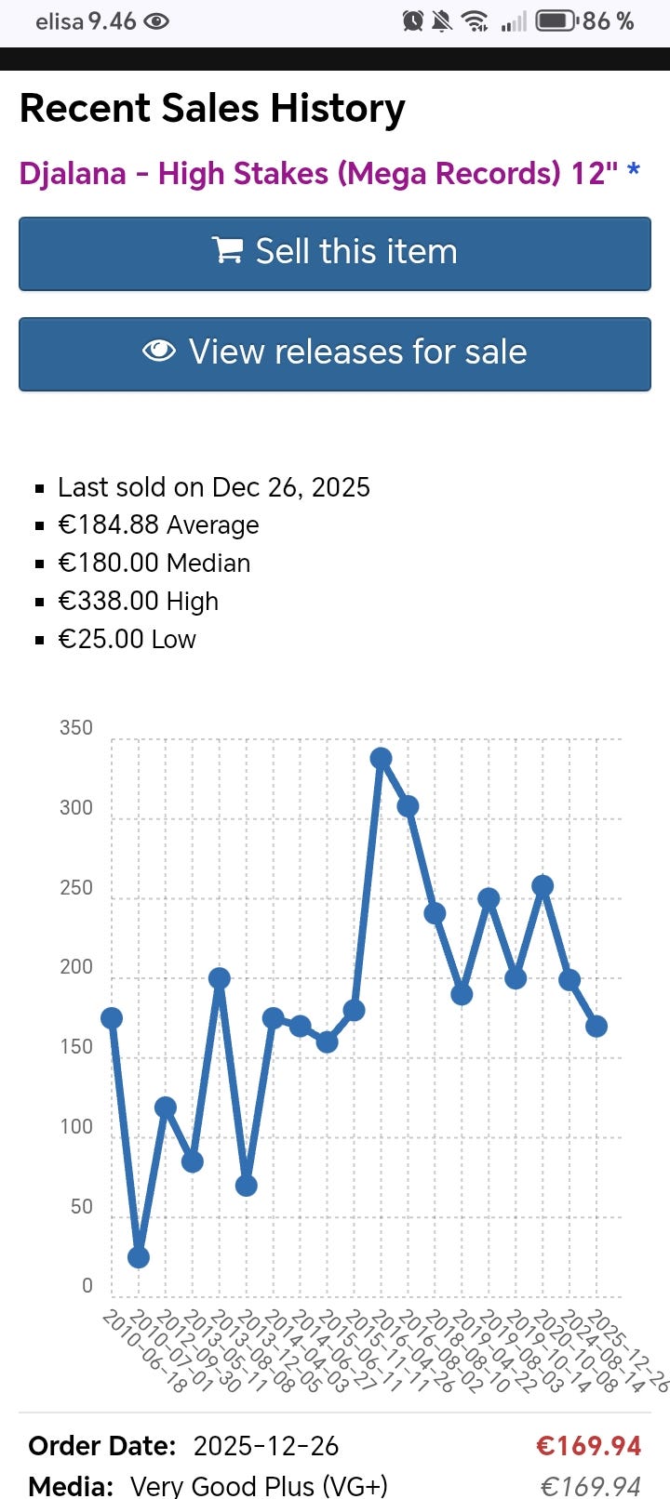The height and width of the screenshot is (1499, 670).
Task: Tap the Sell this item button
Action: click(x=335, y=253)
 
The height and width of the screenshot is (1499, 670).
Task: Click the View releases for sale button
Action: click(x=335, y=353)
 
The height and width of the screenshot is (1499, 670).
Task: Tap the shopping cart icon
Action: click(x=227, y=251)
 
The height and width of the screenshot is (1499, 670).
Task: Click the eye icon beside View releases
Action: click(x=159, y=351)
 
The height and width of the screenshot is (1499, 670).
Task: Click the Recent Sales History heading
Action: click(x=212, y=108)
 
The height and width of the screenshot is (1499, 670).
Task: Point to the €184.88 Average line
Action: click(x=158, y=525)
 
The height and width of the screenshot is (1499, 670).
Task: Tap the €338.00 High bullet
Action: click(x=138, y=602)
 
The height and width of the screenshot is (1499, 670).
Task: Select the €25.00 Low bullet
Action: click(x=127, y=640)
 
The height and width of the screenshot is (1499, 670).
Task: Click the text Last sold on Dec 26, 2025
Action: click(x=214, y=487)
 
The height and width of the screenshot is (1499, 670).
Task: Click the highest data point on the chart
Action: click(x=381, y=759)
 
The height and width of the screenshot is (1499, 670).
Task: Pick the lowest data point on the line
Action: click(x=139, y=1257)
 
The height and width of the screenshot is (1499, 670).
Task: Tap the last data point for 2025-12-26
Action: click(x=596, y=1027)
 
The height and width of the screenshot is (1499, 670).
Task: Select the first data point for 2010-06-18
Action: click(x=112, y=1018)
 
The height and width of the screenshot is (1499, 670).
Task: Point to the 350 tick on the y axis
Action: click(x=76, y=728)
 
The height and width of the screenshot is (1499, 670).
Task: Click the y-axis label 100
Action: click(x=76, y=1127)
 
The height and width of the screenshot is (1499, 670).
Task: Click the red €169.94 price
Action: click(x=589, y=1446)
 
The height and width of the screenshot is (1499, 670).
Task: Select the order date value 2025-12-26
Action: click(x=266, y=1446)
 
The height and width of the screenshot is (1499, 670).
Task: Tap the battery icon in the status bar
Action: click(x=556, y=20)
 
